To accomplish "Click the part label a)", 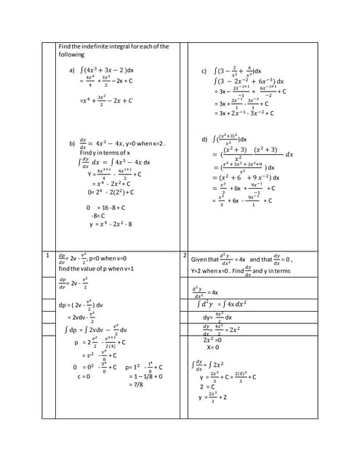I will click(x=72, y=70).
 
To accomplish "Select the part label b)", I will click(x=72, y=142).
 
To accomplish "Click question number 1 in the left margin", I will click(x=47, y=256).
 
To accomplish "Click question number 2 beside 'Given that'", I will click(x=185, y=256).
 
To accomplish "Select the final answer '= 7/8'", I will click(x=136, y=385).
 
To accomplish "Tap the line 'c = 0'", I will click(x=83, y=376).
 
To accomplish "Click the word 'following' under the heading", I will click(x=72, y=54).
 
